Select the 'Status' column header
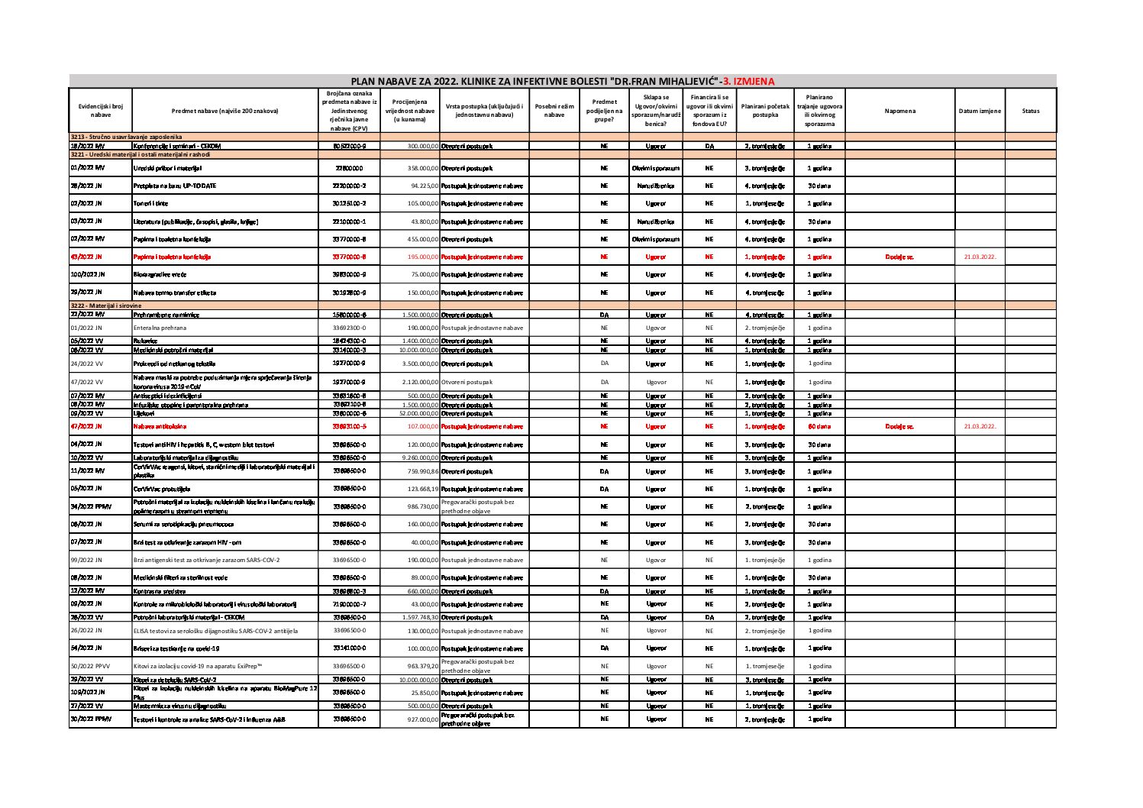(1030, 111)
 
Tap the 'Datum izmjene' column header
(980, 111)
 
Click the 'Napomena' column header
(899, 111)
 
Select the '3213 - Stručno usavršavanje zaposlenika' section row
(126, 136)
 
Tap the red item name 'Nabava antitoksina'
(160, 426)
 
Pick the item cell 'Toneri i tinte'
(150, 204)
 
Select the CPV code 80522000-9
(350, 145)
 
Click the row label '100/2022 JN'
(88, 274)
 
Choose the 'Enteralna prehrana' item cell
(159, 328)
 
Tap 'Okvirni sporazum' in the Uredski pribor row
(655, 168)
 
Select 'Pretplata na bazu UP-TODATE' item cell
(175, 186)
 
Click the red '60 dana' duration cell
(819, 426)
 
